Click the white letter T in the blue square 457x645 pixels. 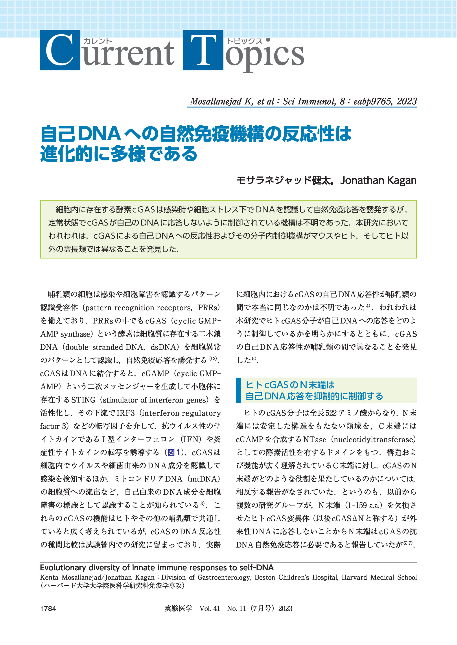203,51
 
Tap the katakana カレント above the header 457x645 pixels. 98,41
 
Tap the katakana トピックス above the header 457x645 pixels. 244,41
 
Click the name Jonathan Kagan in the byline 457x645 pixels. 378,180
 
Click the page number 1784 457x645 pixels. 48,608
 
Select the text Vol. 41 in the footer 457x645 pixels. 210,608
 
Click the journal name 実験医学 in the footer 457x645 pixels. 178,608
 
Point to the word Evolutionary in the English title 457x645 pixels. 63,568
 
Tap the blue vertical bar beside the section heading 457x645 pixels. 239,390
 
